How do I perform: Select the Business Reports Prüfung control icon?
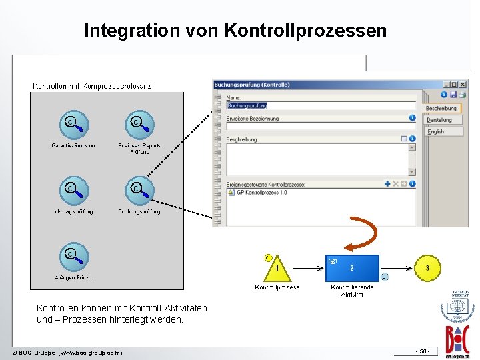[139, 125]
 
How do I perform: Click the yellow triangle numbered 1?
[276, 268]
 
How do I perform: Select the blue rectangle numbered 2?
[352, 268]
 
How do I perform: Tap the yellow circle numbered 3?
[427, 268]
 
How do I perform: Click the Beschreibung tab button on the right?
[442, 108]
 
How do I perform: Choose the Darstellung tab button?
[440, 120]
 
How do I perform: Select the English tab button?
[437, 132]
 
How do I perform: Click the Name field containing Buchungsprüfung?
[320, 105]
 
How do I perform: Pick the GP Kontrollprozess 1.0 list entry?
[261, 193]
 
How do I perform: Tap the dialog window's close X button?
[463, 85]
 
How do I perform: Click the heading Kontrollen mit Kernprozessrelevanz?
[92, 86]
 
